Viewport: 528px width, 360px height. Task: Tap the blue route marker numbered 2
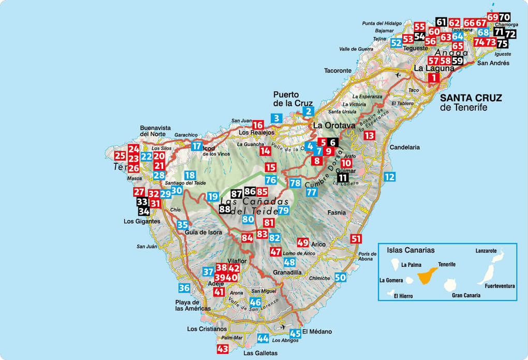click(x=309, y=110)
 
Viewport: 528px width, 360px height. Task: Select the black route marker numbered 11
click(x=343, y=178)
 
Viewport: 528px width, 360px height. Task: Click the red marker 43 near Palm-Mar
click(x=223, y=349)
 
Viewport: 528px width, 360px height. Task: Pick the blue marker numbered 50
click(x=340, y=277)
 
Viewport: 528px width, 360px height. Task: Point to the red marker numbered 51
click(x=356, y=239)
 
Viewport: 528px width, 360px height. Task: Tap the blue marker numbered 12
click(x=390, y=177)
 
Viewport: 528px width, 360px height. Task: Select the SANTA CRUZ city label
click(x=471, y=98)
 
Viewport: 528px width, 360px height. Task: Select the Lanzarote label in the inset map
click(x=486, y=251)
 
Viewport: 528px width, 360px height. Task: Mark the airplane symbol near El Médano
click(x=282, y=326)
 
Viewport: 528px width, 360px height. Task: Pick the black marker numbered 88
click(x=225, y=209)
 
